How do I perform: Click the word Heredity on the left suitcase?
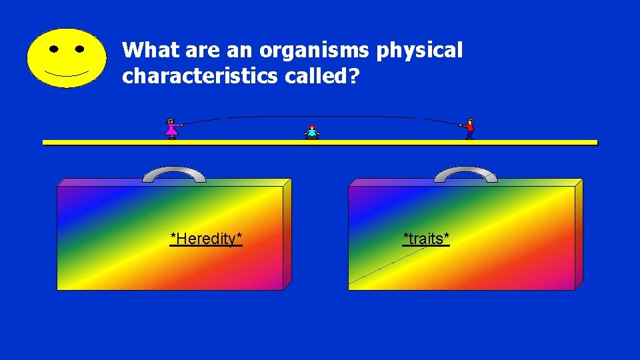tap(206, 238)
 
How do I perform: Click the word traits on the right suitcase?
tap(426, 238)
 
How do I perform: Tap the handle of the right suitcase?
tap(465, 172)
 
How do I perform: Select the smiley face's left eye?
tap(53, 49)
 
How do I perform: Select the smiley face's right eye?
tap(80, 49)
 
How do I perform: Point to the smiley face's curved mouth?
tap(66, 72)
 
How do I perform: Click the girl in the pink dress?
tap(172, 128)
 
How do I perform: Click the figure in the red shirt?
tap(469, 128)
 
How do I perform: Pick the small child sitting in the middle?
tap(312, 132)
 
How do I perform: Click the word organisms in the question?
tap(317, 51)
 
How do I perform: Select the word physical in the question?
tap(420, 51)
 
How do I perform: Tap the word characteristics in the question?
tap(198, 77)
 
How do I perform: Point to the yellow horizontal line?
tap(320, 143)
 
